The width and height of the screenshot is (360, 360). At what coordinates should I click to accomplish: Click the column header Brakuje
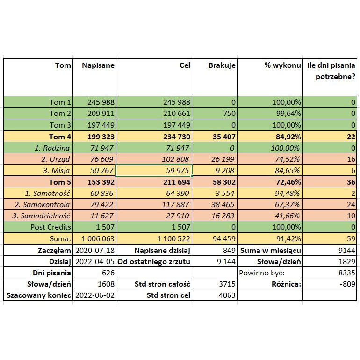coord(222,66)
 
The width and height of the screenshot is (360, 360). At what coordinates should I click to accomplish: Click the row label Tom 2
coord(60,114)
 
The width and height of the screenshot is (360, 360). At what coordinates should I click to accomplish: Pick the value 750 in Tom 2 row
coord(229,114)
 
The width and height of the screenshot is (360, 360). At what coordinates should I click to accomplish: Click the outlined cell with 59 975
coord(154,170)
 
